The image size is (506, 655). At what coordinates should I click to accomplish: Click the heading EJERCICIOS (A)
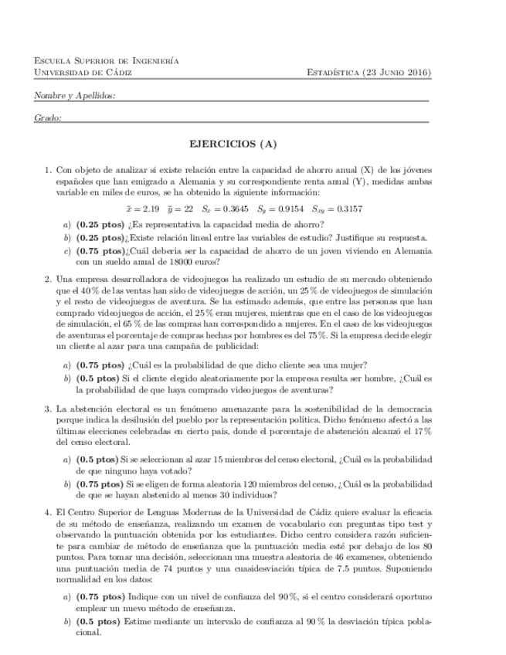click(233, 144)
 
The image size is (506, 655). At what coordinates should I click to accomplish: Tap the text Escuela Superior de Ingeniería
click(107, 60)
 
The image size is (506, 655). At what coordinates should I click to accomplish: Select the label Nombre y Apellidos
click(64, 95)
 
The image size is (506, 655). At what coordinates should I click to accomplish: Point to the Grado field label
click(48, 117)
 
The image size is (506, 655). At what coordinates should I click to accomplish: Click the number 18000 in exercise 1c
click(147, 262)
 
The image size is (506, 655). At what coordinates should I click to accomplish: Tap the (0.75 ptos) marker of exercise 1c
click(100, 251)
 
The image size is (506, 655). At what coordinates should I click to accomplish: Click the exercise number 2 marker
click(47, 279)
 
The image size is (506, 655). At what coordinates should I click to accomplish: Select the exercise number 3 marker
click(47, 407)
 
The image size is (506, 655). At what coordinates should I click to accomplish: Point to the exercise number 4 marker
click(47, 512)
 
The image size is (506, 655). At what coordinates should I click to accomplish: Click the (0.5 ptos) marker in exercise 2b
click(97, 378)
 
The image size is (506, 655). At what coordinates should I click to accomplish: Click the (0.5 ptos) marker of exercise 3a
click(97, 459)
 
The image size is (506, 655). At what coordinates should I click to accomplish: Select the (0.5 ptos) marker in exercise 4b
click(97, 621)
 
